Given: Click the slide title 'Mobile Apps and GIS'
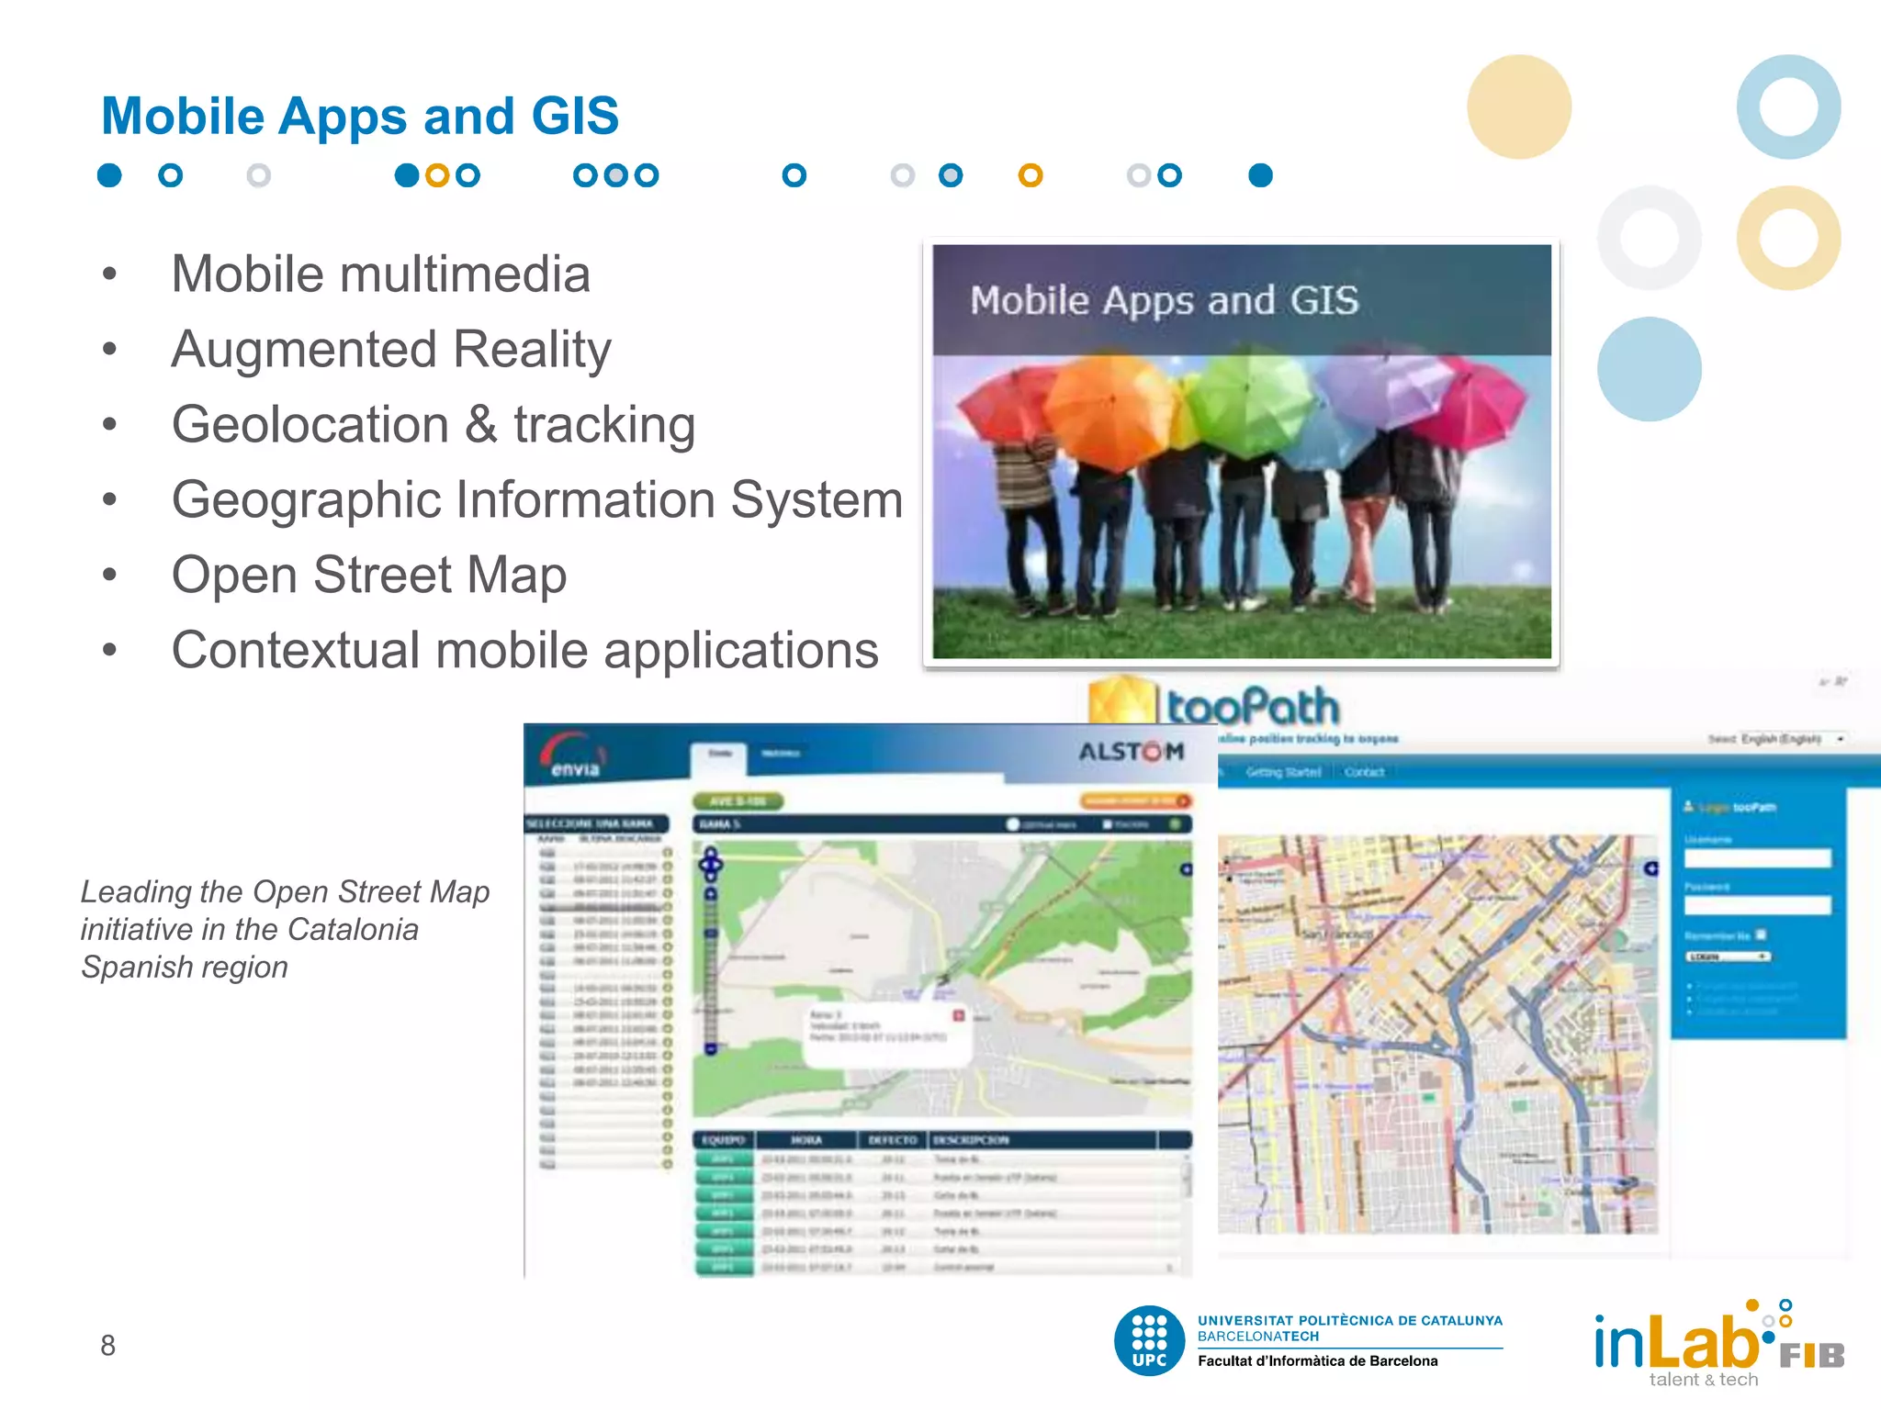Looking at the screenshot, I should tap(360, 117).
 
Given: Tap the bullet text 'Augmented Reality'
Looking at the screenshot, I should tap(391, 350).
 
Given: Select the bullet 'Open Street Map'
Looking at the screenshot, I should tap(369, 576).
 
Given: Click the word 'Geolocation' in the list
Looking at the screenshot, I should tap(310, 425).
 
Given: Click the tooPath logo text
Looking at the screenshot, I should tap(1253, 708).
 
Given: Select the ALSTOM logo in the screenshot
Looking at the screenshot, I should tap(1132, 752).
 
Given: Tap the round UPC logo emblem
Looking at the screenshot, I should tap(1149, 1340).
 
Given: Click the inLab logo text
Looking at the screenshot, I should tap(1677, 1342).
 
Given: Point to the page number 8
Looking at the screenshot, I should tap(107, 1346).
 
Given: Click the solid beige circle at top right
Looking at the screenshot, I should tap(1519, 106).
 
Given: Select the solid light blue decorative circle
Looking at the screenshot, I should tap(1649, 369).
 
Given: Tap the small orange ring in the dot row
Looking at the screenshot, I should tap(1031, 175).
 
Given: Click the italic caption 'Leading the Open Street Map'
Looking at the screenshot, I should tap(285, 892).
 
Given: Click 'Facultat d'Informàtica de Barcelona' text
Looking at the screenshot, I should tap(1317, 1361).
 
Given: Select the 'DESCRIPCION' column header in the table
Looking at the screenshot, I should tap(971, 1140).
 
